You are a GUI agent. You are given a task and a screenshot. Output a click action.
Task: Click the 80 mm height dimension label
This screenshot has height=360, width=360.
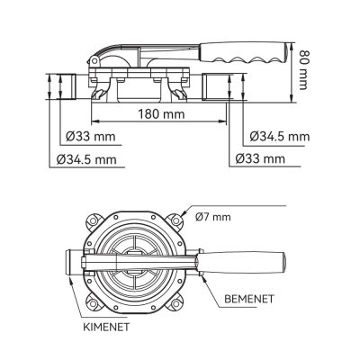point(303,70)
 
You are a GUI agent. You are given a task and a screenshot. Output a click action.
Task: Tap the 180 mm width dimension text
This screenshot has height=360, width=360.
point(161,114)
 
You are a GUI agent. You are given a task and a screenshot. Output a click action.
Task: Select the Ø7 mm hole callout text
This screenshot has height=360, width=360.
point(213,217)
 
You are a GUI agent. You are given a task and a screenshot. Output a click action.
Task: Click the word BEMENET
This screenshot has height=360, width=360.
point(249,299)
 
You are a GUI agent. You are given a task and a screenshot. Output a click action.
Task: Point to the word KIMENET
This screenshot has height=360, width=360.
point(106,327)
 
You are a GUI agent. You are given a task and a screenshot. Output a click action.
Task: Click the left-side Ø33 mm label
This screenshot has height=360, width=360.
point(91,137)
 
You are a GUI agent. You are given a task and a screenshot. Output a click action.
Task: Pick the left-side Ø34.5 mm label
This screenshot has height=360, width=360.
point(86,159)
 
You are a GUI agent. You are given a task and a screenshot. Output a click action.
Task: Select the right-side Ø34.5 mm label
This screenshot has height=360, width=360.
point(280,137)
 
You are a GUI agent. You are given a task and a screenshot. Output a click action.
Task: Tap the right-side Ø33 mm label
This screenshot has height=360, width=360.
point(260,158)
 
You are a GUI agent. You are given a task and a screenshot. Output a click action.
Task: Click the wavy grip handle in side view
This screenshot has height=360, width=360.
point(246,53)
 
